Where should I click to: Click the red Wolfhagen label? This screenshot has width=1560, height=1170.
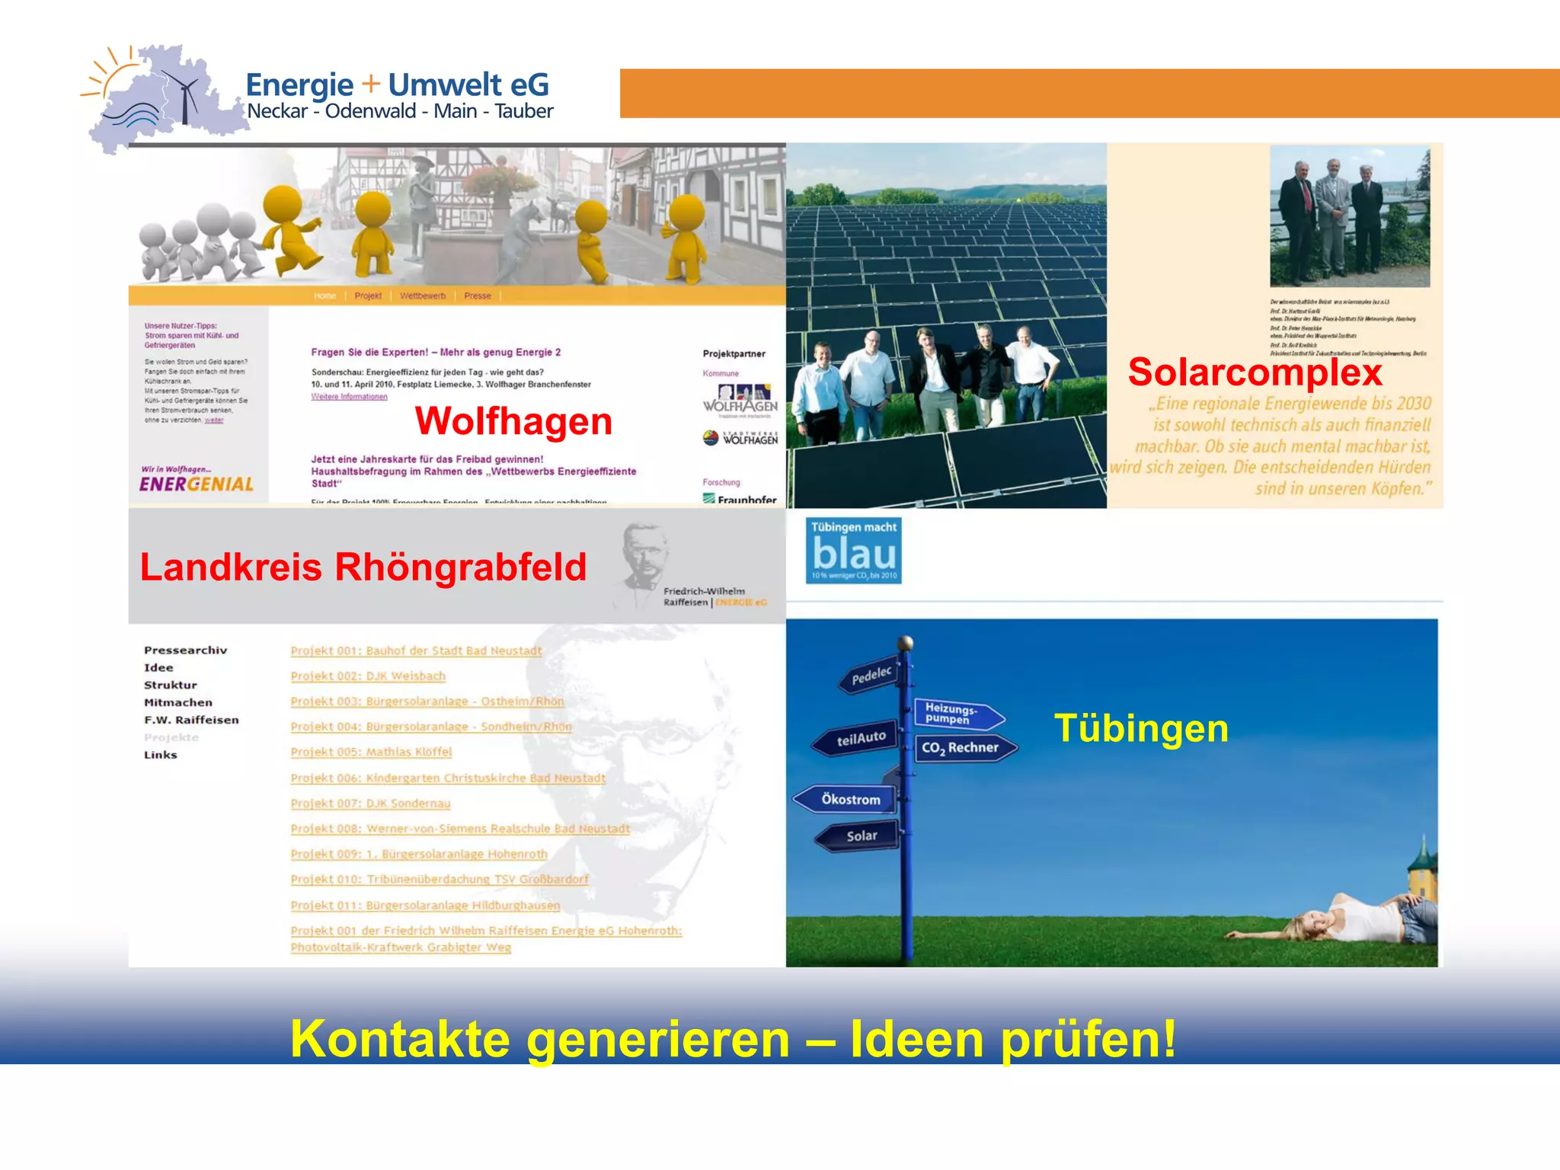[x=513, y=421]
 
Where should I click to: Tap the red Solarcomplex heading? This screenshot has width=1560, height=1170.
[x=1255, y=372]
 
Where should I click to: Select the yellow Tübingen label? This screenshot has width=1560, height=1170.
[x=1141, y=728]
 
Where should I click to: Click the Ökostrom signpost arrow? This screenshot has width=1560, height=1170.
[x=848, y=799]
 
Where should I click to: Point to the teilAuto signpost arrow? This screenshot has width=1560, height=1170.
[x=858, y=739]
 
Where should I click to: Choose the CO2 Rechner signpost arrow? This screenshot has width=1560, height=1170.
[x=963, y=747]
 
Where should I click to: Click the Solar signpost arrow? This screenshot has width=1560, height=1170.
[x=860, y=836]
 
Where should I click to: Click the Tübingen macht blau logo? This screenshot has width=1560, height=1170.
[x=854, y=550]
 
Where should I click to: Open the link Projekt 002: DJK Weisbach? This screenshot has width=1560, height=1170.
[x=368, y=676]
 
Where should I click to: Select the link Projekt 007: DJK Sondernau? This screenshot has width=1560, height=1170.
[x=370, y=803]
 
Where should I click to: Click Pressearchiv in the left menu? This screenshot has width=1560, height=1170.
[x=185, y=650]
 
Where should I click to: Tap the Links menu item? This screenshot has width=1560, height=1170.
[x=161, y=755]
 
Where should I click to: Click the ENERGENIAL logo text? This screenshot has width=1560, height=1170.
[x=197, y=484]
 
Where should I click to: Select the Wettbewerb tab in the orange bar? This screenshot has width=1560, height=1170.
[x=423, y=296]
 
